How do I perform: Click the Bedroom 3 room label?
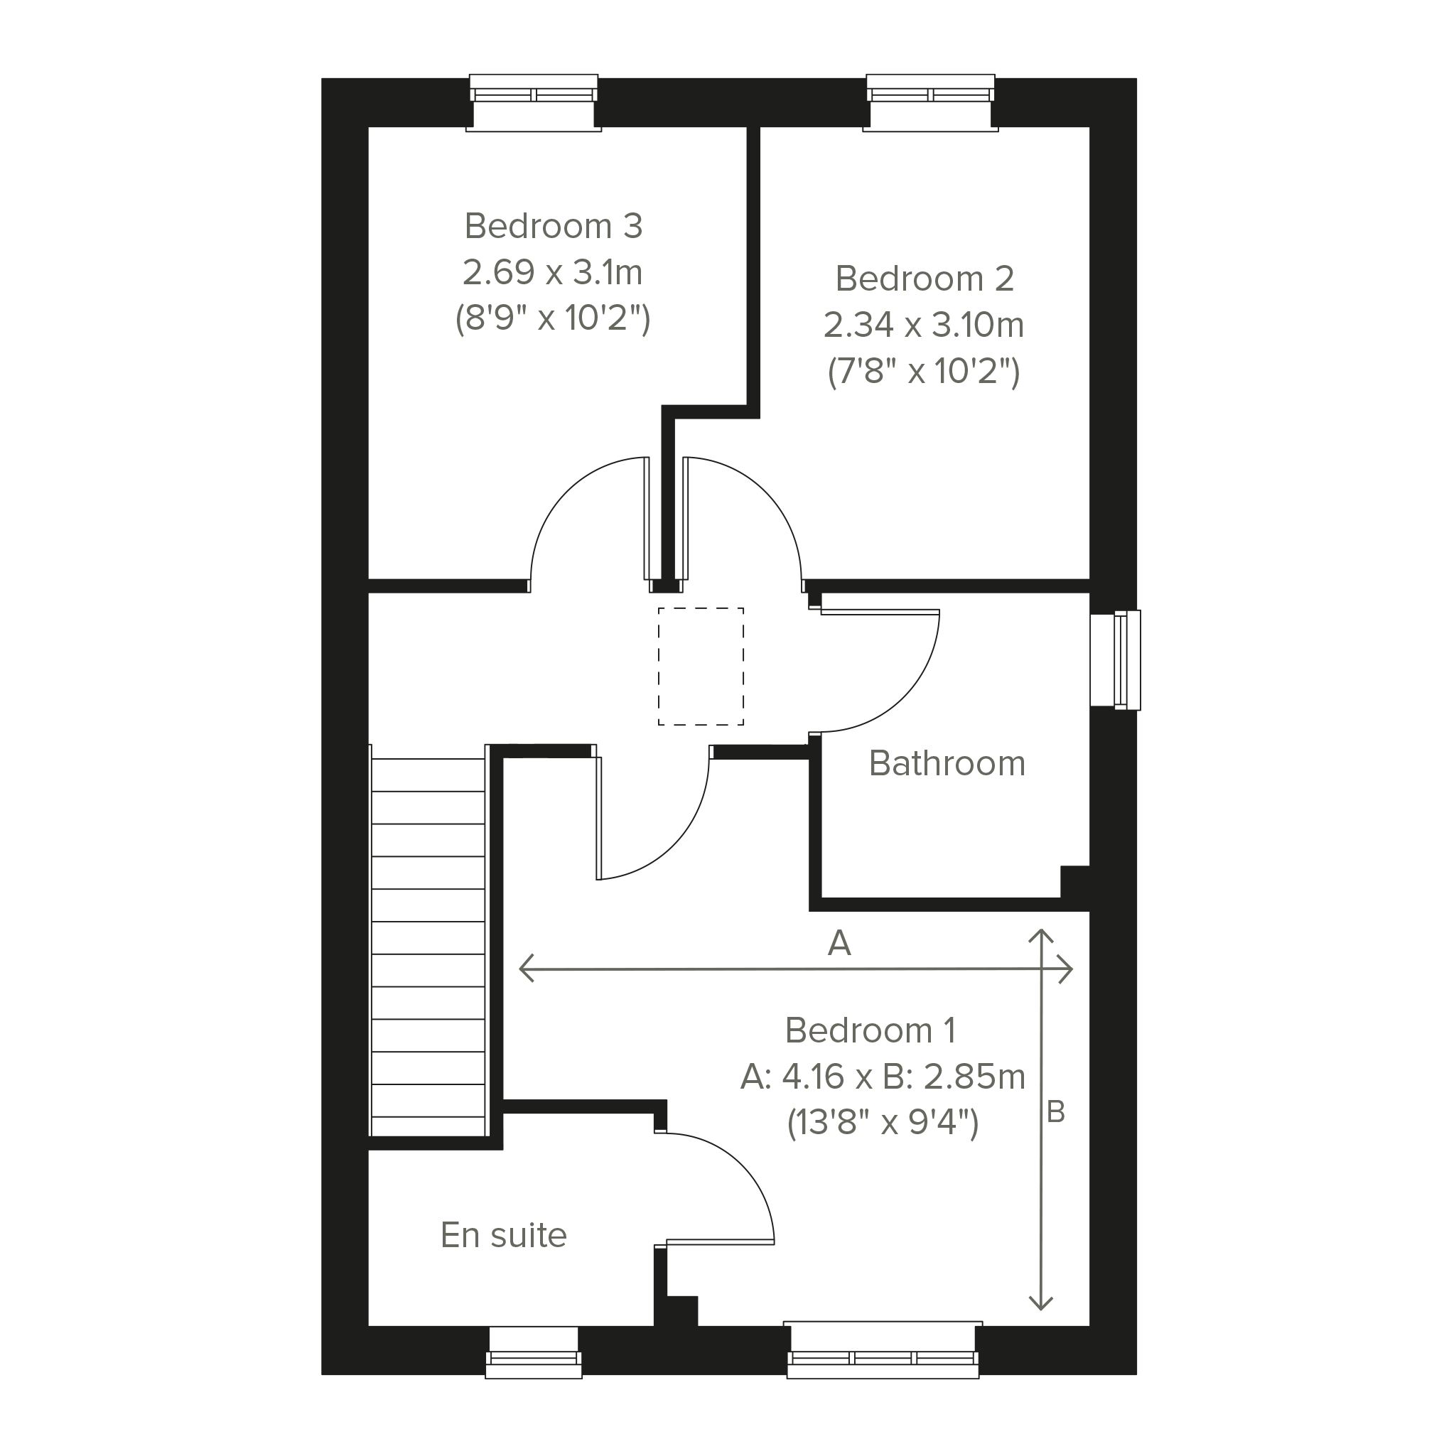[x=554, y=226]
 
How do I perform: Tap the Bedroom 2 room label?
[x=925, y=279]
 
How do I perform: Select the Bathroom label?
[x=947, y=763]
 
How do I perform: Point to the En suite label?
[x=504, y=1235]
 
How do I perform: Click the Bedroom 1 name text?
[x=870, y=1030]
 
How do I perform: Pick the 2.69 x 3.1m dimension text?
[x=553, y=272]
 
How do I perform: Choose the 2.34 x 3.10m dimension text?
[x=924, y=325]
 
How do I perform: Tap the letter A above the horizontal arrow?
[x=839, y=944]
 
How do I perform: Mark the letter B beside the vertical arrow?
[x=1055, y=1112]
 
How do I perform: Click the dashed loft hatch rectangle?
[x=701, y=608]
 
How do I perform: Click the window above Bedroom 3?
[x=533, y=103]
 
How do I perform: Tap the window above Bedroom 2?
[x=930, y=103]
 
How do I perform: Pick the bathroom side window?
[x=1116, y=660]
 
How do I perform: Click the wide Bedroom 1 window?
[x=883, y=1349]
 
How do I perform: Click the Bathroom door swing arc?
[x=902, y=701]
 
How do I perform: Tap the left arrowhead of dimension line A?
[x=526, y=969]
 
